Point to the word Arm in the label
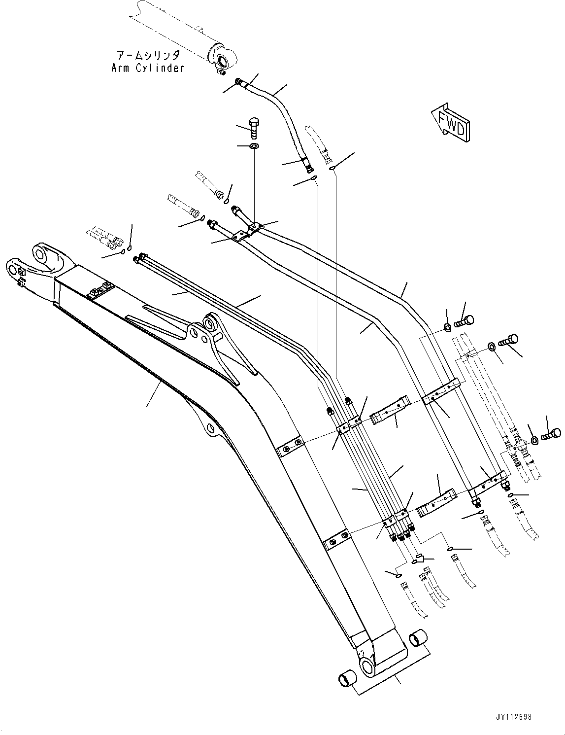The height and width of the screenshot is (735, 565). pyautogui.click(x=121, y=68)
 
